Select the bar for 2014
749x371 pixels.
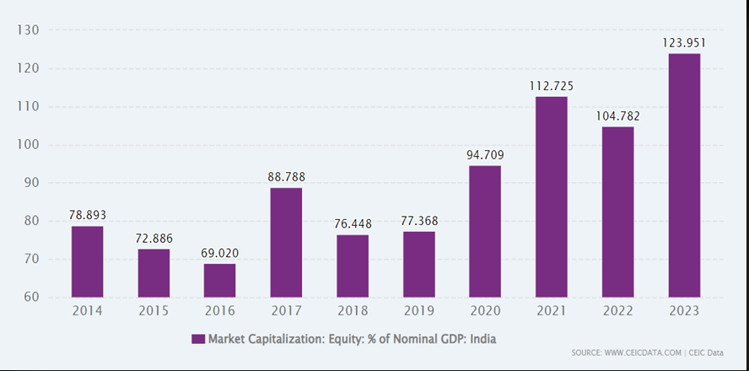click(87, 261)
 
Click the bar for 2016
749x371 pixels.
click(219, 280)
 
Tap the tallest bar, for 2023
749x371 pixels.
click(684, 175)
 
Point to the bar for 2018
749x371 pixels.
click(353, 266)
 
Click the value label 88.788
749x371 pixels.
click(287, 177)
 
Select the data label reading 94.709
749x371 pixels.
click(485, 154)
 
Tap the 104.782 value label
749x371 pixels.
click(618, 116)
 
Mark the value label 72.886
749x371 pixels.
click(154, 238)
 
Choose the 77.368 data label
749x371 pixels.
click(419, 221)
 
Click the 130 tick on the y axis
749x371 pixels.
click(30, 30)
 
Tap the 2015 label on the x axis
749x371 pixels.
click(154, 312)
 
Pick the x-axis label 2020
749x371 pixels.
click(485, 312)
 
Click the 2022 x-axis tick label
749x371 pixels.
click(618, 312)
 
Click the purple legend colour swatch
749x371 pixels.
click(198, 339)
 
